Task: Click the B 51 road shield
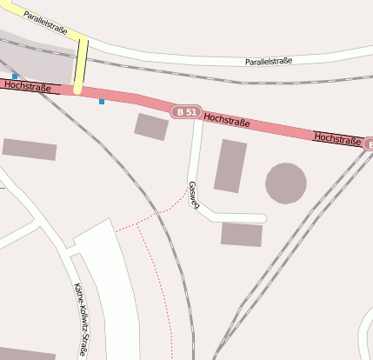point(186,112)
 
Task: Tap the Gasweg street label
point(194,195)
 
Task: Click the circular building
point(285,183)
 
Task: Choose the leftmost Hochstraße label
point(26,86)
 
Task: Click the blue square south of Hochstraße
point(102,102)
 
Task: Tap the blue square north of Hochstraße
point(15,77)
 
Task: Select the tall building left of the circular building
point(230,165)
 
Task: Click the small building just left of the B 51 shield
point(151,126)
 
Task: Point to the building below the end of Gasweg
point(242,234)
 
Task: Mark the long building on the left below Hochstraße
point(30,150)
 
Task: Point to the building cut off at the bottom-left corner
point(26,356)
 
